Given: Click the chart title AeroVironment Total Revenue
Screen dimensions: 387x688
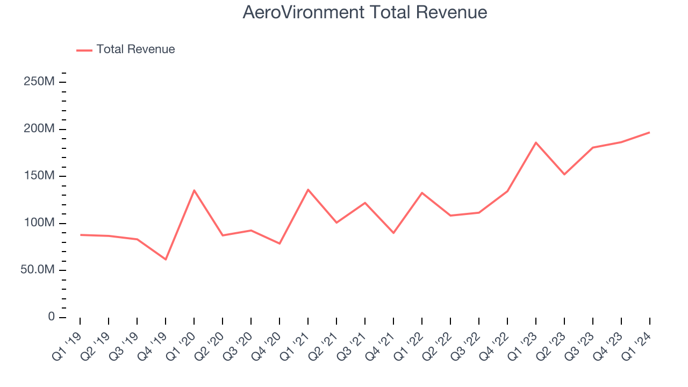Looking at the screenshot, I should point(365,12).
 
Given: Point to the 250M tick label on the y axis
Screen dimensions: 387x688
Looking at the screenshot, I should point(39,82).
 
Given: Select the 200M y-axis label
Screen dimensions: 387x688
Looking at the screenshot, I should point(39,129).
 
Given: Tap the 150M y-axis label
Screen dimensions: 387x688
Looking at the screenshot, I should point(39,176).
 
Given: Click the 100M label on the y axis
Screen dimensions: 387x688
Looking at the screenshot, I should point(39,223).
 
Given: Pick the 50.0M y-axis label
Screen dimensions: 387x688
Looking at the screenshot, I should point(37,270).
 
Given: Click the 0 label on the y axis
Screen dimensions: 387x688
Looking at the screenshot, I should point(51,317).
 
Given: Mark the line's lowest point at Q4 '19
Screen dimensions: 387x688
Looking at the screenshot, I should point(166,260).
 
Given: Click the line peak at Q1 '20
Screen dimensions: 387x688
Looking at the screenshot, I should point(194,190).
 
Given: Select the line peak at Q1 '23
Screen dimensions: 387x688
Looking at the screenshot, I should point(536,142).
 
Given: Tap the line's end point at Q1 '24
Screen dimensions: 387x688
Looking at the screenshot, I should point(649,132).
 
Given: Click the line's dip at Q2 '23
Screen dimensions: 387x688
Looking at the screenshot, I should point(564,174).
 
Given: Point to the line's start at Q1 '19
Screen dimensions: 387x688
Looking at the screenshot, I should point(80,235).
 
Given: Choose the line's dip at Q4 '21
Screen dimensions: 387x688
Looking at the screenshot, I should point(393,233).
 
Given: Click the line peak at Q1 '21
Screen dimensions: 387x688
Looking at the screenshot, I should point(308,189).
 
